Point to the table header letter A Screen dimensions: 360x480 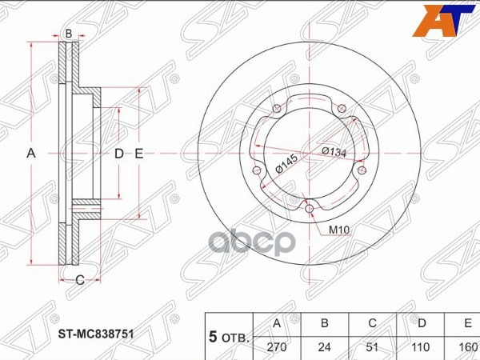click(x=276, y=323)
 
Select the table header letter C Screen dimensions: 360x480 click(x=371, y=323)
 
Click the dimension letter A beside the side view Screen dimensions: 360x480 click(x=33, y=153)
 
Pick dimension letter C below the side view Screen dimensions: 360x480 click(x=79, y=279)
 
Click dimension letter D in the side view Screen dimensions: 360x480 click(x=118, y=153)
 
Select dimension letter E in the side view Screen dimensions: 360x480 click(x=138, y=153)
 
